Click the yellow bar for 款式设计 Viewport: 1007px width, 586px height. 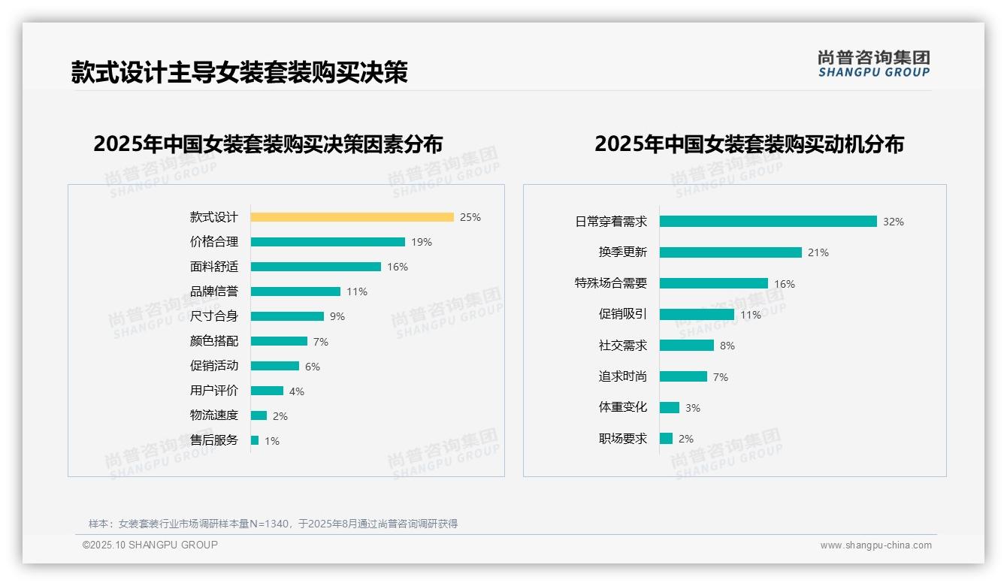[x=352, y=217]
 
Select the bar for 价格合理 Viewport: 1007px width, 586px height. [x=328, y=242]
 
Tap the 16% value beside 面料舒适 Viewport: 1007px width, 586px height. [x=398, y=267]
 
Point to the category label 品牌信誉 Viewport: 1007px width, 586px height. [x=214, y=291]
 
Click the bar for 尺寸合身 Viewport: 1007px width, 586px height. [x=287, y=316]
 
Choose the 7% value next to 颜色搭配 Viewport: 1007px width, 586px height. [x=321, y=342]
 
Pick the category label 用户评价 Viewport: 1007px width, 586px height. [x=214, y=391]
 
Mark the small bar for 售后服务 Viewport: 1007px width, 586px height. [x=255, y=440]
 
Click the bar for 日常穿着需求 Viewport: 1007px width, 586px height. [x=768, y=222]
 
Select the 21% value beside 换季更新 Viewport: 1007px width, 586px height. [x=818, y=252]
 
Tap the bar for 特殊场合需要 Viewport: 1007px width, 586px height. [x=714, y=283]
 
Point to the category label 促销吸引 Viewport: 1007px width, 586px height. [x=622, y=314]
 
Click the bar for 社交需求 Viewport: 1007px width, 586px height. [x=687, y=346]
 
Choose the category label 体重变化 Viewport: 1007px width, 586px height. [x=622, y=407]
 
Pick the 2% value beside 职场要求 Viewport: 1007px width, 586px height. [x=686, y=439]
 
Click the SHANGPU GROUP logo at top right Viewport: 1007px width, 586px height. [x=874, y=63]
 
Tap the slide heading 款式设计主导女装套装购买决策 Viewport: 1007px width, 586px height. [x=239, y=72]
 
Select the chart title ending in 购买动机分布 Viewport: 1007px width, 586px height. [x=749, y=143]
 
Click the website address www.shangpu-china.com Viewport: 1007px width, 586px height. [x=875, y=545]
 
